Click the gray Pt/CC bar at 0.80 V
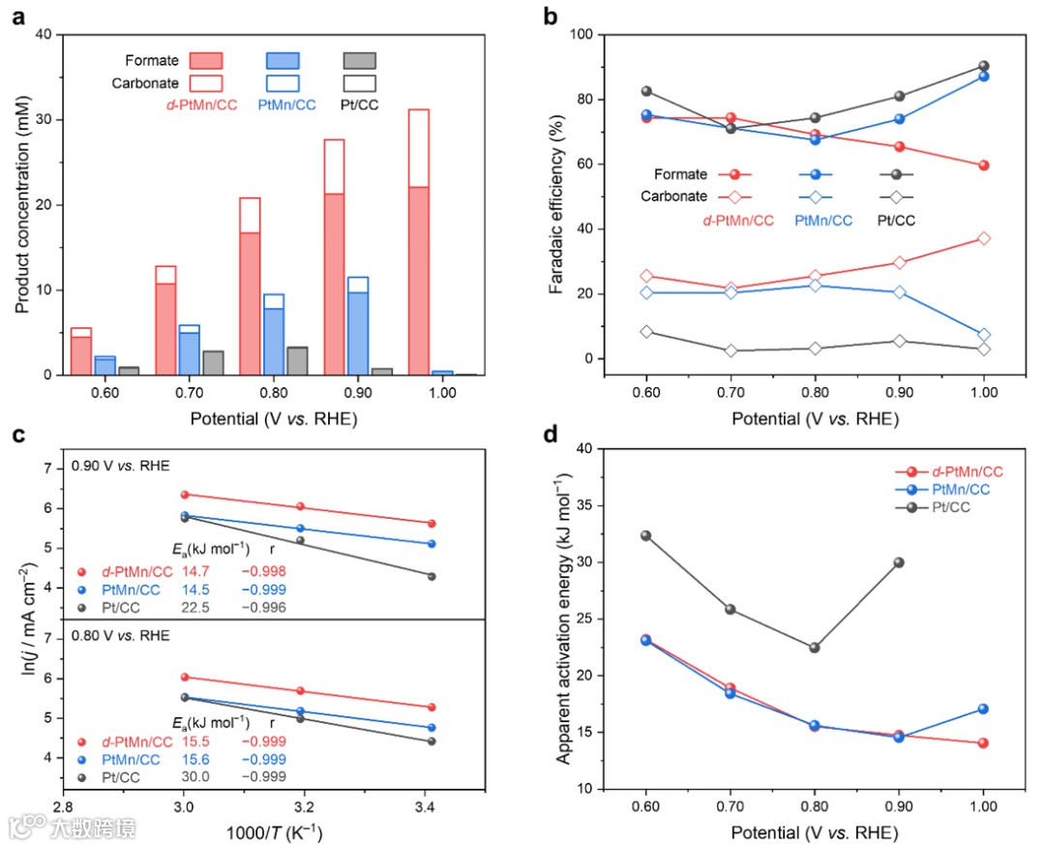(x=298, y=360)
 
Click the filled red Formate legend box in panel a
(x=206, y=61)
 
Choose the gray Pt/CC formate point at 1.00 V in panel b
(x=983, y=67)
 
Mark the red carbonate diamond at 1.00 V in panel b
(x=983, y=238)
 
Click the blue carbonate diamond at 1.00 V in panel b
(x=983, y=335)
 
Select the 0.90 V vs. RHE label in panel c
(x=120, y=466)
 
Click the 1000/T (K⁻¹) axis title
(x=275, y=832)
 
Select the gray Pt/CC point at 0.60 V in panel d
(x=646, y=535)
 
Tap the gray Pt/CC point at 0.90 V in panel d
(x=899, y=562)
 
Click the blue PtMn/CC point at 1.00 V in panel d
(x=983, y=709)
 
